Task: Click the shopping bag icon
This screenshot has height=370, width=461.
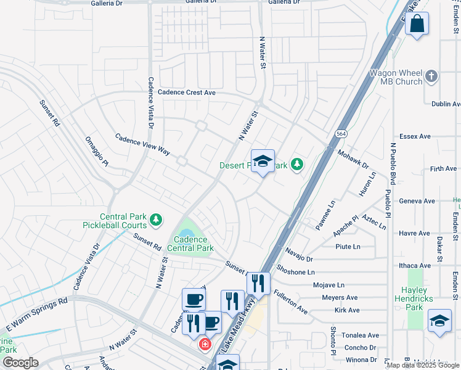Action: click(417, 24)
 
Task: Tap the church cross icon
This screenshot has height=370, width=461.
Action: click(431, 76)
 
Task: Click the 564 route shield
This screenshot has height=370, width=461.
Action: click(341, 134)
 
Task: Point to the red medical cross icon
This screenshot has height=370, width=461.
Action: click(203, 345)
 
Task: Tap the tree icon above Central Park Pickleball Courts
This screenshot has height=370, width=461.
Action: click(157, 219)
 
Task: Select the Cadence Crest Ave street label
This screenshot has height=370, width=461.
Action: click(187, 92)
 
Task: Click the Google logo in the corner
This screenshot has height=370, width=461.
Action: click(20, 362)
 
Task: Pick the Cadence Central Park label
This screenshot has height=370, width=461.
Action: click(193, 244)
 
